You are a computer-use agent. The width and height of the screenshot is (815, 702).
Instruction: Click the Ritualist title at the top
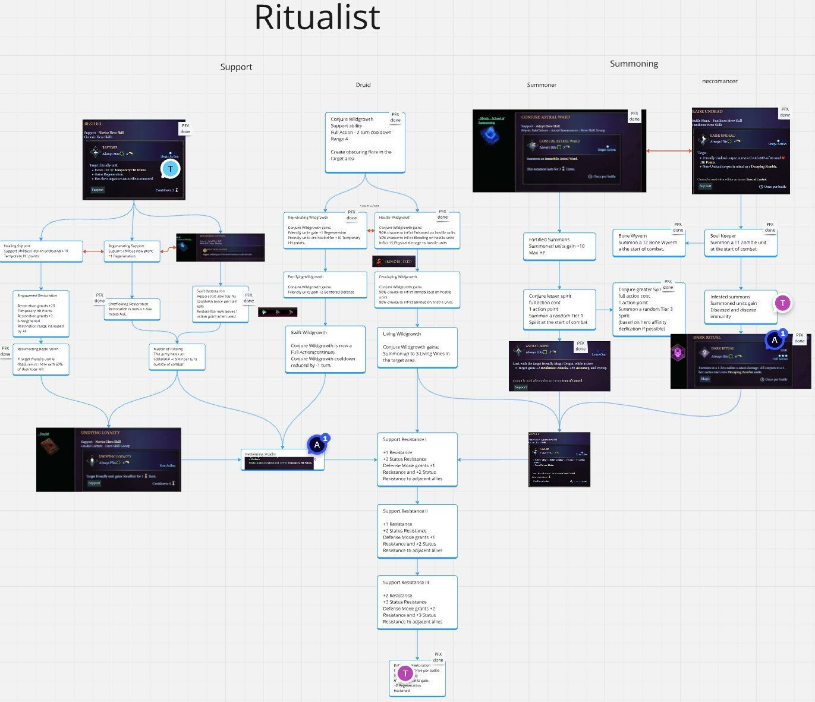(x=317, y=18)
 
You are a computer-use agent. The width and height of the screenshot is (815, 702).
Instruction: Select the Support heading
(x=236, y=67)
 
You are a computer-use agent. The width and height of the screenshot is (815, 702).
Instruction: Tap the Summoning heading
(x=634, y=64)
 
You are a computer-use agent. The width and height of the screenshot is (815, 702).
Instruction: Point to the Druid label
(x=363, y=85)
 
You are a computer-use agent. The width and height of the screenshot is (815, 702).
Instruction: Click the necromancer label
(x=719, y=81)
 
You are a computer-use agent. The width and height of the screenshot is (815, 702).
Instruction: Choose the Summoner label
(x=542, y=85)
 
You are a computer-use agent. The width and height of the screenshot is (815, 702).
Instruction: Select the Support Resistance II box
(x=417, y=531)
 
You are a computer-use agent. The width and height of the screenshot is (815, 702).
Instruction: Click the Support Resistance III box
(x=417, y=603)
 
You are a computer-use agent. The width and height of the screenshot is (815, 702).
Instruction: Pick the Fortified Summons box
(x=559, y=246)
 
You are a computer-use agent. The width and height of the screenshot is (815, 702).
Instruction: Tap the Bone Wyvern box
(x=649, y=243)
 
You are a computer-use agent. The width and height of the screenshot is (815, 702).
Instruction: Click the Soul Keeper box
(x=740, y=243)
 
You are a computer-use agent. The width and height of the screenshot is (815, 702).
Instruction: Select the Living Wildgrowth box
(x=417, y=347)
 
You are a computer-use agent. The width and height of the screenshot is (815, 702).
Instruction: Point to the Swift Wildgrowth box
(x=325, y=349)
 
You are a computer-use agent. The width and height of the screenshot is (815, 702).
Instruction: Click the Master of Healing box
(x=177, y=357)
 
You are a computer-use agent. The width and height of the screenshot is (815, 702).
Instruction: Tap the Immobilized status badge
(x=394, y=262)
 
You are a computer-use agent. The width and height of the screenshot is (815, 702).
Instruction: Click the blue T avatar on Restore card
(x=171, y=169)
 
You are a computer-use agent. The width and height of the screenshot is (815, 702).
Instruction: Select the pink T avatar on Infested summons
(x=782, y=303)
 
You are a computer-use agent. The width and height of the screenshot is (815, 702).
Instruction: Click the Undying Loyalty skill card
(x=109, y=459)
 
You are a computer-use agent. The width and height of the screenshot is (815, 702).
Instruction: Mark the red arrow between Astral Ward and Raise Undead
(x=669, y=151)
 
